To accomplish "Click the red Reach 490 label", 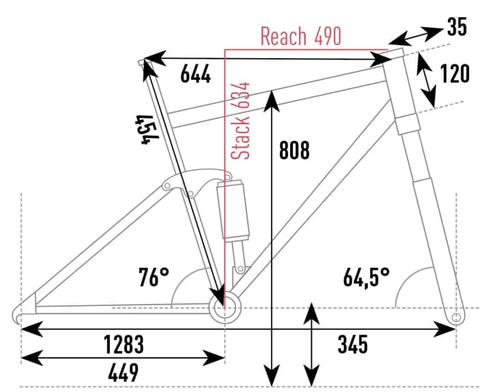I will pos(300,36).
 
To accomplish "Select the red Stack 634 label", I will pos(240,121).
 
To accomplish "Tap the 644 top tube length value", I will pos(195,75).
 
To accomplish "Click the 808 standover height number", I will pos(294,150).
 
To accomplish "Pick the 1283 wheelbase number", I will pos(124,344).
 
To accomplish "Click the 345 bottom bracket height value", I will pos(353,344).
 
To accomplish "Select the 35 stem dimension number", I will pos(457,27).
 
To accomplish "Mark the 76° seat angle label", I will pos(154,278).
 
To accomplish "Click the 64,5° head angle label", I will pos(367,278).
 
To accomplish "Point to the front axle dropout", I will pos(457,318).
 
